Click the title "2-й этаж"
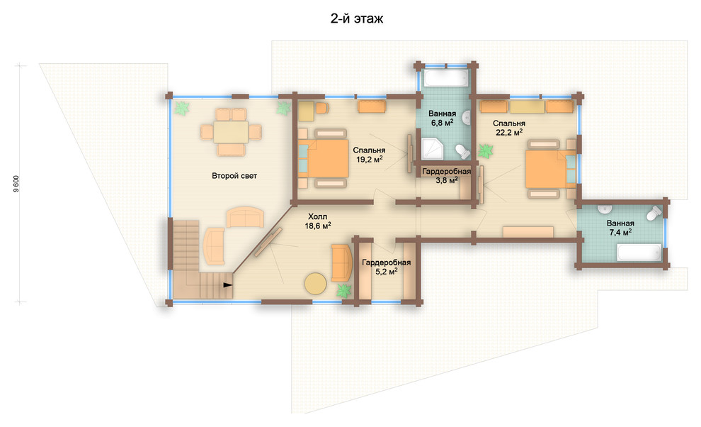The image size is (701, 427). [x=357, y=19]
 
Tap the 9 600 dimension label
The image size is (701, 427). [x=16, y=184]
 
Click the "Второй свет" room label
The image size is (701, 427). [x=234, y=176]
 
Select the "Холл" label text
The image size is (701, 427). [x=317, y=217]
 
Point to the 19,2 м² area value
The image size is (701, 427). [x=370, y=159]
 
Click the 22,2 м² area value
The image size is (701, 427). [x=509, y=132]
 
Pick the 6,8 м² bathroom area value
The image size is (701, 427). [x=442, y=122]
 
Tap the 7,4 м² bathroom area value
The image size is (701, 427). [x=620, y=232]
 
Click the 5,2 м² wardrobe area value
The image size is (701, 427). [x=387, y=271]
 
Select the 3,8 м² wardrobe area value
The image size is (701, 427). [x=447, y=180]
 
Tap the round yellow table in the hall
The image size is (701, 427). [x=316, y=284]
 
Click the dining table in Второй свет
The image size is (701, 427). [x=231, y=132]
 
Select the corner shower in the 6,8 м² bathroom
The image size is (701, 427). [x=432, y=149]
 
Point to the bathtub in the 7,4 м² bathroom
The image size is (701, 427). [x=639, y=253]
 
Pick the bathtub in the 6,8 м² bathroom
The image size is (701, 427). [x=446, y=78]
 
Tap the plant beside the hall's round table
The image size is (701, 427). [x=344, y=291]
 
